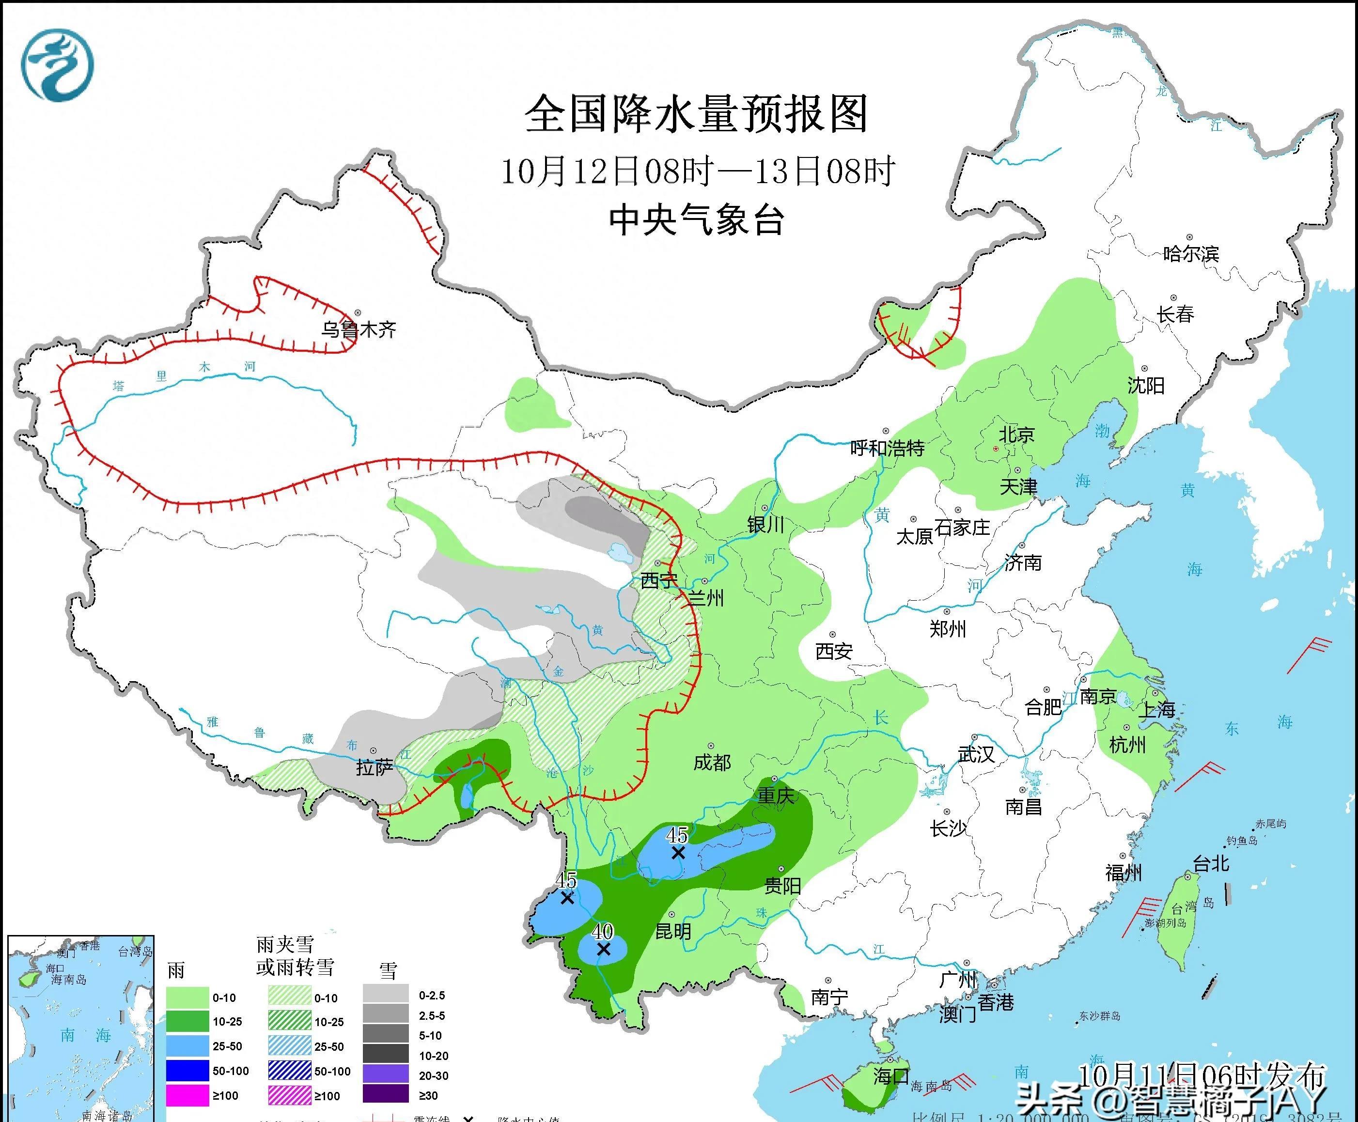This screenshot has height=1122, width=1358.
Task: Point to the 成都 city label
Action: (x=712, y=763)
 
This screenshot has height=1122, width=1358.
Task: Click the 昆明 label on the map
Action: (x=673, y=931)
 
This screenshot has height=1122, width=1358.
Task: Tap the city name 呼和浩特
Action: (x=887, y=448)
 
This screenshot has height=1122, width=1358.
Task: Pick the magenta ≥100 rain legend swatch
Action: (x=187, y=1095)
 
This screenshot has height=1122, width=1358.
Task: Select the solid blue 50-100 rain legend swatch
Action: (x=187, y=1071)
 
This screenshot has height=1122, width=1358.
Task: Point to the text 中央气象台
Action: (x=696, y=220)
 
